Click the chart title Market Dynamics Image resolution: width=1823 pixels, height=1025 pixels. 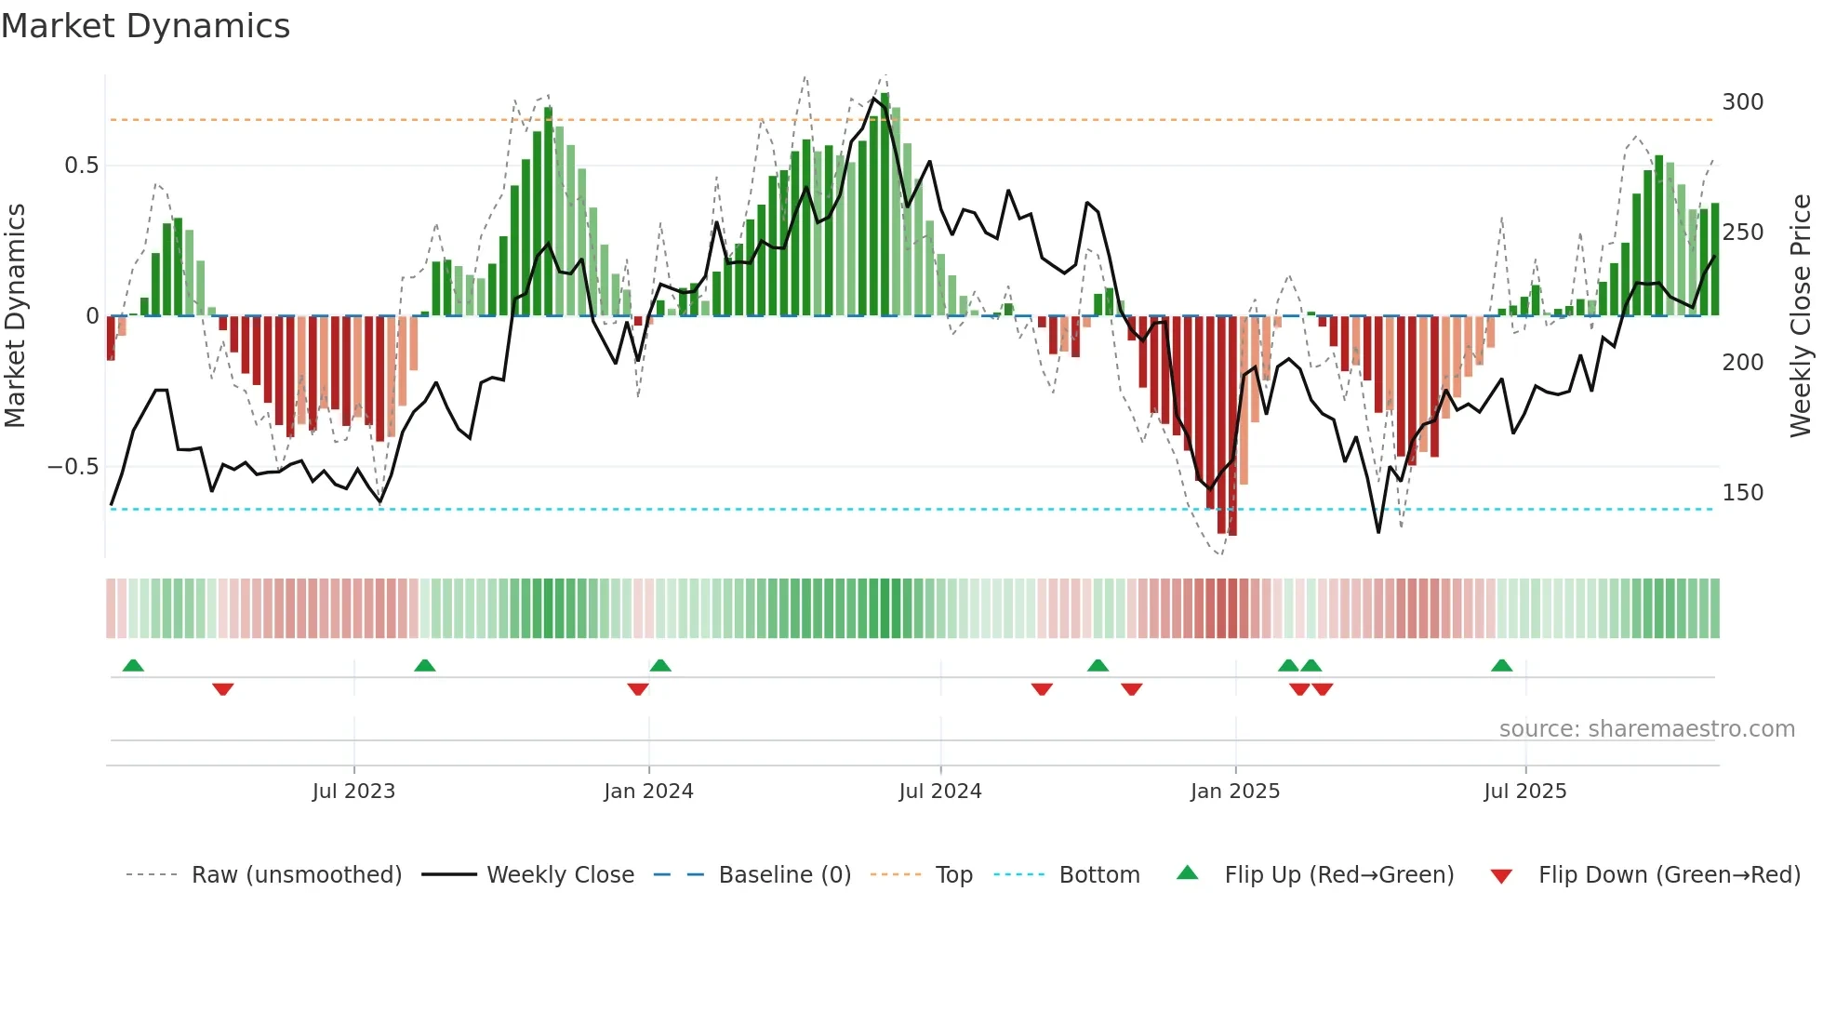click(x=146, y=26)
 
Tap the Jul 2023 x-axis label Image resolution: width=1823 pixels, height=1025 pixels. click(x=353, y=792)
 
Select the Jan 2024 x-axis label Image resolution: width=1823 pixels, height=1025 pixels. click(x=648, y=792)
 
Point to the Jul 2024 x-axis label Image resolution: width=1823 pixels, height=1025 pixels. click(x=940, y=792)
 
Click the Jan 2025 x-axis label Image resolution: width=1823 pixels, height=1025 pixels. click(x=1235, y=792)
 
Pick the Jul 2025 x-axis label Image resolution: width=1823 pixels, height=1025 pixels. click(x=1525, y=792)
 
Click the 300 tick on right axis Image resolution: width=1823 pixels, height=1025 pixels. click(x=1742, y=102)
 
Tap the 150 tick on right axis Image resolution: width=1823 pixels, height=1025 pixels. click(x=1742, y=493)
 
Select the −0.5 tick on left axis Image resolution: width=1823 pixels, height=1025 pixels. click(x=73, y=467)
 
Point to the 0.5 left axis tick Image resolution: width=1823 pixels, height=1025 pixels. click(x=81, y=166)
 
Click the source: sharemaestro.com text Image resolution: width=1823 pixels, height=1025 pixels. click(x=1646, y=729)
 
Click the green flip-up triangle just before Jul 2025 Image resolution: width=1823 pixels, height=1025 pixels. click(x=1501, y=665)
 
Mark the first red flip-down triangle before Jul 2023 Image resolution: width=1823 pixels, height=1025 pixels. click(x=222, y=689)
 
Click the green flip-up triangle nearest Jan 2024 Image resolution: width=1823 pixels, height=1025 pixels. click(x=660, y=665)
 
